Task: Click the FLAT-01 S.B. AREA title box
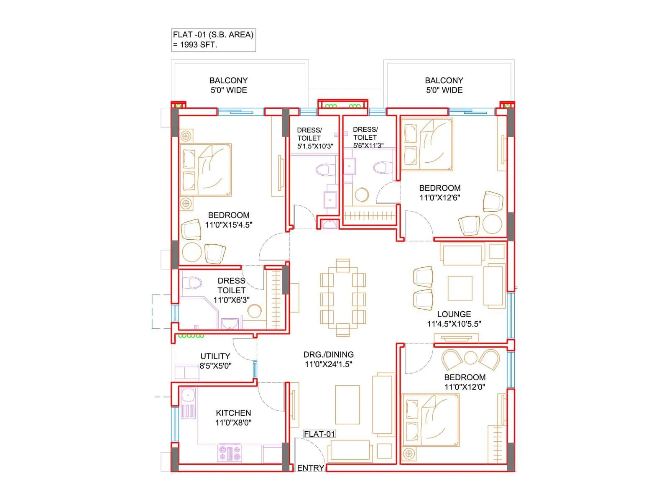(x=213, y=40)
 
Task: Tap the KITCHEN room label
(x=233, y=413)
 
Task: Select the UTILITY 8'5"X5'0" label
(x=215, y=361)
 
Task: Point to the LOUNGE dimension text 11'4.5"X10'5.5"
(x=454, y=324)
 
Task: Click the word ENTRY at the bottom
(x=311, y=468)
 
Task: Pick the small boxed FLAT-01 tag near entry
(x=319, y=434)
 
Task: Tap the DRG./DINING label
(x=328, y=355)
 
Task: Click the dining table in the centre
(x=343, y=297)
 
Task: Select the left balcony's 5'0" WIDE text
(x=229, y=90)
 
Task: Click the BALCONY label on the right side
(x=444, y=80)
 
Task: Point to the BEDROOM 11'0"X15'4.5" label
(x=229, y=220)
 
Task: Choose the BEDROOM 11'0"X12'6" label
(x=440, y=193)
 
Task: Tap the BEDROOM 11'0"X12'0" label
(x=465, y=382)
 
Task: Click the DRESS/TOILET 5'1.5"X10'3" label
(x=314, y=138)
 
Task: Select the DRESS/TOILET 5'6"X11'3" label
(x=368, y=138)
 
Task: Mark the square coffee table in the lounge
(x=460, y=288)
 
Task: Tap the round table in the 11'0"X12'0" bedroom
(x=471, y=358)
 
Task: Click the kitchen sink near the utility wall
(x=188, y=394)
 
